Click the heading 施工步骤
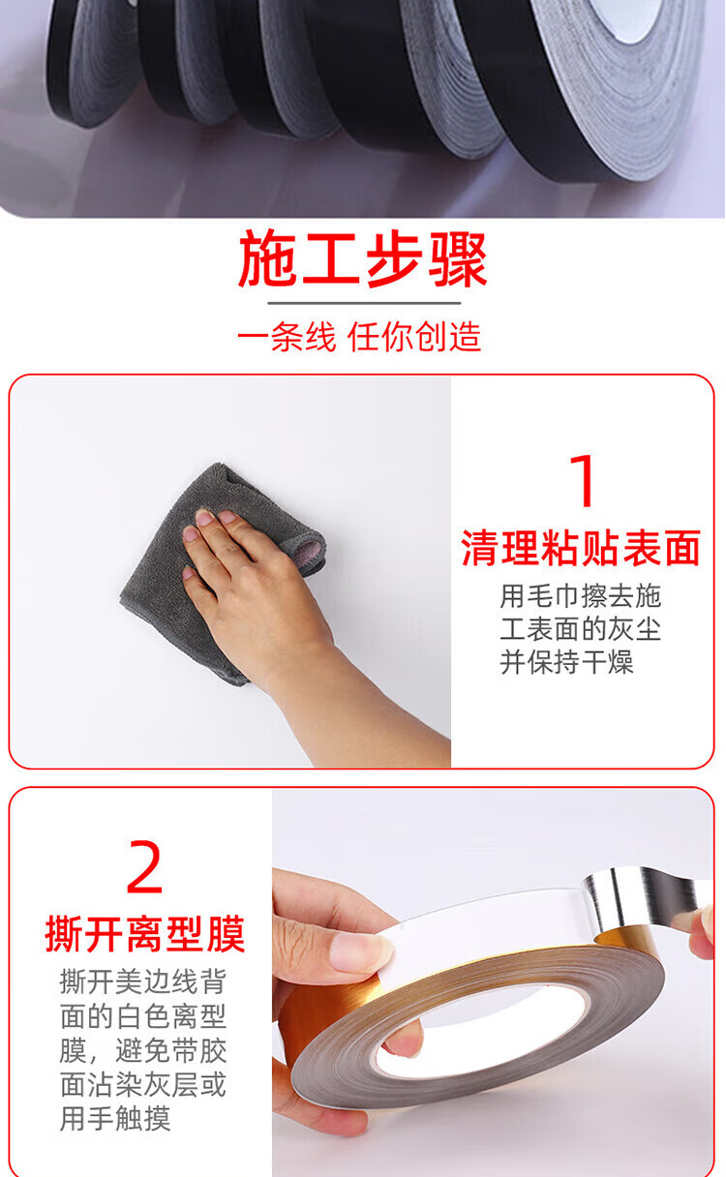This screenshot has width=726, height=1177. [362, 260]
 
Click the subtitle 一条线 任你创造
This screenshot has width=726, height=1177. [359, 336]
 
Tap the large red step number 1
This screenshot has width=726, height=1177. [583, 480]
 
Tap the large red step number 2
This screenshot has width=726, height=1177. [144, 866]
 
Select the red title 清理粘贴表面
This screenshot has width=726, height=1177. [581, 548]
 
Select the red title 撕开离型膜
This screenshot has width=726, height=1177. [145, 934]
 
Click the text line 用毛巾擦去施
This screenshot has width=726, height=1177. [580, 596]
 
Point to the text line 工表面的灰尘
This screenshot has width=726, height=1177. [580, 629]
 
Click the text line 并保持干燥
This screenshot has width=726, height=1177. [566, 662]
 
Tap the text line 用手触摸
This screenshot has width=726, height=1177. [115, 1119]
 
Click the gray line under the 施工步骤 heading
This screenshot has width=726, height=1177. [364, 303]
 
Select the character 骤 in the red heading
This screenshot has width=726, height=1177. [458, 260]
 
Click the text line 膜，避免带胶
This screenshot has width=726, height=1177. [143, 1050]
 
